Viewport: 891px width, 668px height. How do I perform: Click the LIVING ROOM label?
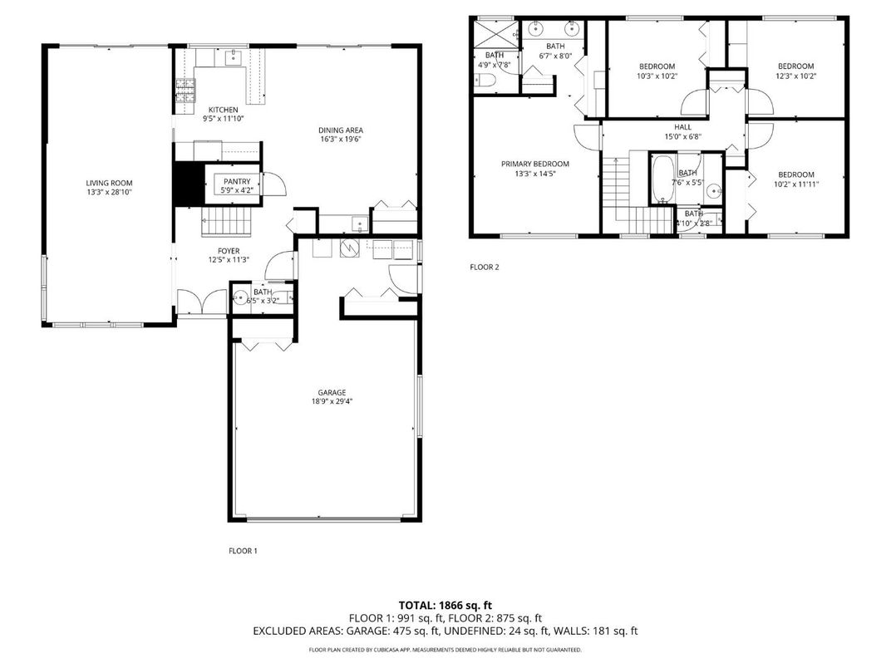pyautogui.click(x=109, y=183)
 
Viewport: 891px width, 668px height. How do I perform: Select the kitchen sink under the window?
pyautogui.click(x=234, y=57)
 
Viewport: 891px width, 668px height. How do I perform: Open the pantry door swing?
pyautogui.click(x=273, y=184)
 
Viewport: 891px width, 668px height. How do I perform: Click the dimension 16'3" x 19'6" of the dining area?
pyautogui.click(x=341, y=140)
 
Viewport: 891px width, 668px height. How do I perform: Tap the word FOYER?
pyautogui.click(x=229, y=250)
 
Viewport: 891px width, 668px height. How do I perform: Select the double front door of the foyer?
pyautogui.click(x=202, y=302)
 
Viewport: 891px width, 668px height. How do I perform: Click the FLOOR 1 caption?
pyautogui.click(x=243, y=550)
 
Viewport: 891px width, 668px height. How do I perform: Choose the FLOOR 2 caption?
pyautogui.click(x=485, y=267)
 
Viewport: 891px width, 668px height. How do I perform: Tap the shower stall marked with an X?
pyautogui.click(x=495, y=36)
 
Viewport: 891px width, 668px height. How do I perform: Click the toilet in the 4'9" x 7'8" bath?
pyautogui.click(x=487, y=81)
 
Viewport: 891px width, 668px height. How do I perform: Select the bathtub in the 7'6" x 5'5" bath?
pyautogui.click(x=662, y=178)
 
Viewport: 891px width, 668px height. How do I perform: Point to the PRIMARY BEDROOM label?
pyautogui.click(x=534, y=164)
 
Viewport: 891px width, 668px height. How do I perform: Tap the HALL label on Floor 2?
pyautogui.click(x=682, y=127)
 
